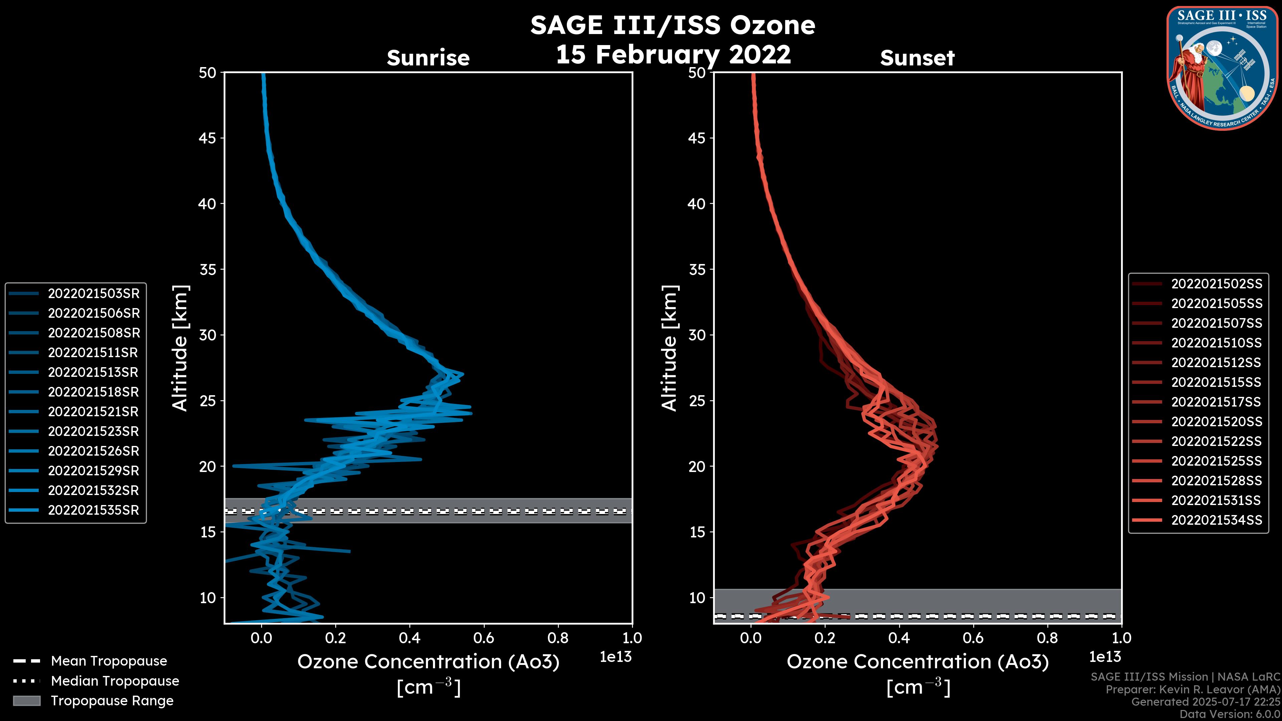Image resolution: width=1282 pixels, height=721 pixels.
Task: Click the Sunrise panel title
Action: coord(428,58)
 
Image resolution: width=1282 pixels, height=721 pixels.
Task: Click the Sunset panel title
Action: coord(917,58)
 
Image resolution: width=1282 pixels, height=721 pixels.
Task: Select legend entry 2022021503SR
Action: coord(93,294)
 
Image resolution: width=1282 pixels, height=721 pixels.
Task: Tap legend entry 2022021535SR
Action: coord(93,510)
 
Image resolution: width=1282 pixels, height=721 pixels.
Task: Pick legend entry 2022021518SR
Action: coord(93,392)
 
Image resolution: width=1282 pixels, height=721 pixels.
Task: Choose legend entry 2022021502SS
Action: coord(1216,284)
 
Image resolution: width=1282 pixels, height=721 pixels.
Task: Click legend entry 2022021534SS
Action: coord(1216,520)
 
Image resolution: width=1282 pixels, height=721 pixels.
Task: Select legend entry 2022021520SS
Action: coord(1216,422)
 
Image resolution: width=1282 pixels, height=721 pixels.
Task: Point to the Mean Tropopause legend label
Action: coord(109,661)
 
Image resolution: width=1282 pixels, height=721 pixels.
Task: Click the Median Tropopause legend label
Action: coord(115,681)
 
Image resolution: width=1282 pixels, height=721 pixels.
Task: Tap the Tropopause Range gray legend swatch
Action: coord(26,701)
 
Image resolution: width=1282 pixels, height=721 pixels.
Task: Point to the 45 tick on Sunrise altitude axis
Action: coord(207,138)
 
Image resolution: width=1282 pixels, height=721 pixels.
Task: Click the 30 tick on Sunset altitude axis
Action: coord(697,335)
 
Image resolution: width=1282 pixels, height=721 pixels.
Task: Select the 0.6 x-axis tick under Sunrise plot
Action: coord(484,638)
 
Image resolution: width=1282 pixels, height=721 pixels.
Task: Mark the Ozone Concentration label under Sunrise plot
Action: coord(428,662)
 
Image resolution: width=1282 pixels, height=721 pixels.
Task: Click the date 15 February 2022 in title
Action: coord(673,54)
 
